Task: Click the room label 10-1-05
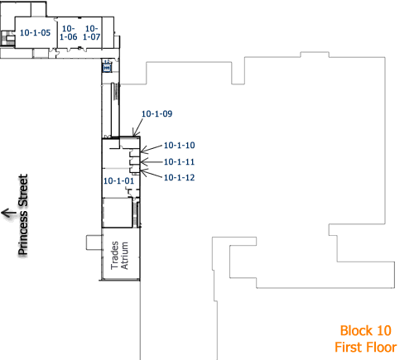[x=34, y=32]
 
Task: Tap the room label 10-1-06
[x=68, y=32]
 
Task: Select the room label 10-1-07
[x=92, y=32]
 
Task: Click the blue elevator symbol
[x=106, y=69]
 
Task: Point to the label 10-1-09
[x=156, y=113]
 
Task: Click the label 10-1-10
[x=179, y=145]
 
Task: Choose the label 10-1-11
[x=179, y=161]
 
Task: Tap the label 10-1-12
[x=179, y=177]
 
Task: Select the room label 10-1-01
[x=118, y=180]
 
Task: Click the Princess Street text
[x=24, y=214]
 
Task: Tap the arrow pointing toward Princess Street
[x=9, y=213]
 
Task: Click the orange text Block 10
[x=364, y=330]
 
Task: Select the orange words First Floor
[x=365, y=347]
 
